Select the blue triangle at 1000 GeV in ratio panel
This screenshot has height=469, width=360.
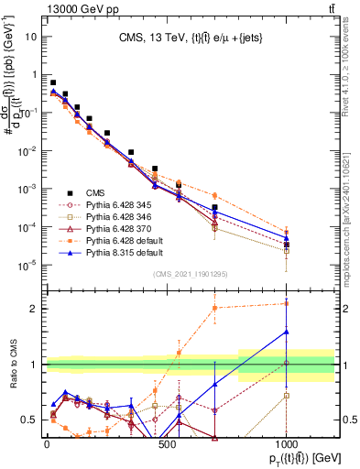[287, 332]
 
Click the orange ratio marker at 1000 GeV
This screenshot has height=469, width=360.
[287, 303]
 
